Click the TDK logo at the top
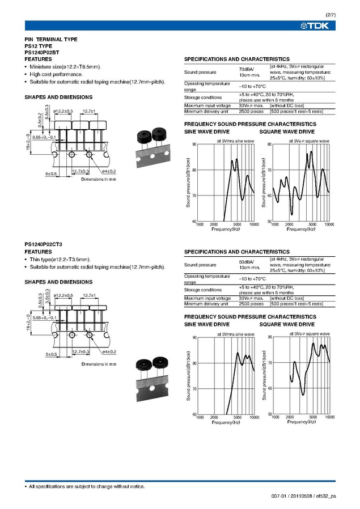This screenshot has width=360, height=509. pos(321,26)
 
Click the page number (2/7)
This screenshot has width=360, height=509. pos(330,14)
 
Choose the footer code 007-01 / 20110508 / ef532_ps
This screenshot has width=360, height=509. pos(304,497)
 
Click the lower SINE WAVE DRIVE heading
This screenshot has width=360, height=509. pos(207,324)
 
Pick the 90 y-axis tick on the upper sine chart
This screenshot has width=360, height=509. pos(194,144)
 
